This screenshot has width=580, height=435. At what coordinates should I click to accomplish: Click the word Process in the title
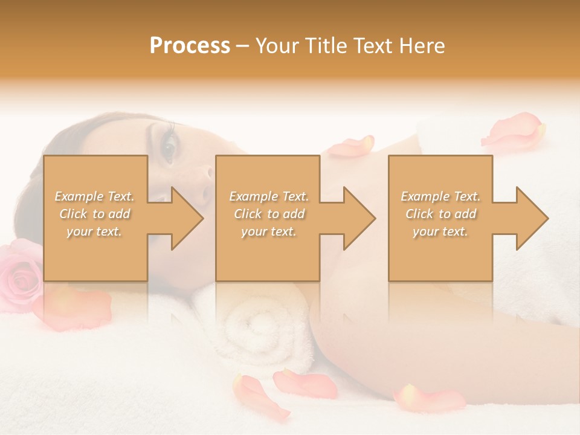pos(190,46)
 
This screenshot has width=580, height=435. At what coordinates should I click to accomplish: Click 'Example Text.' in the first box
pos(95,196)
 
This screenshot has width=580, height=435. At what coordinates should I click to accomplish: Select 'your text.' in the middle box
pos(268,231)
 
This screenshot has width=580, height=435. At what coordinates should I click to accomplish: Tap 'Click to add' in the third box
pos(440,214)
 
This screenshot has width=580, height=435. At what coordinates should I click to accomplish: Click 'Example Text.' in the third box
pos(440,196)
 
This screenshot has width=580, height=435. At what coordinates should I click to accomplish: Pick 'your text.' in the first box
pos(95,231)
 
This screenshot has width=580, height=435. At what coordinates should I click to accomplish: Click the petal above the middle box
pos(351,146)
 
